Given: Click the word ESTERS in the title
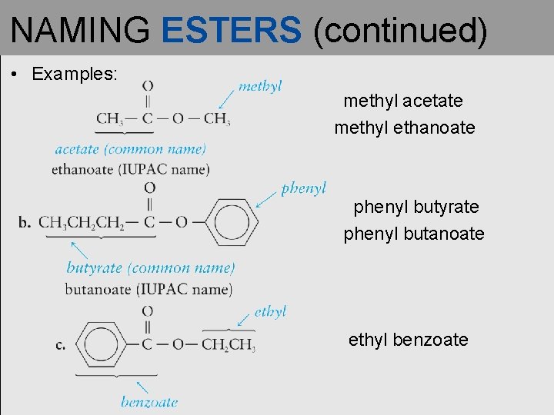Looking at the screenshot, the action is click(x=232, y=30).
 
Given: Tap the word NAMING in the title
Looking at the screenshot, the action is click(x=81, y=30).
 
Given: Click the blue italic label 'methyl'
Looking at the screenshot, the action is click(x=260, y=85).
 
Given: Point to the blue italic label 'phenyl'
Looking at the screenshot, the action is click(x=303, y=188).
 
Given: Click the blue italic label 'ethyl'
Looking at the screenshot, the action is click(x=270, y=311).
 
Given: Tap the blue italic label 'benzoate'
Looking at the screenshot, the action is click(x=149, y=401).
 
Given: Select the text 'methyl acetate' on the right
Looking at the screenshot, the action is click(x=403, y=101).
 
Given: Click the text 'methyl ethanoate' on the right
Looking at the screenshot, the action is click(x=405, y=128).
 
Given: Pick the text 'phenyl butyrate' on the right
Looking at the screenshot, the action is click(x=415, y=207).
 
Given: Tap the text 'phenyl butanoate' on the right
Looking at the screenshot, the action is click(x=414, y=234).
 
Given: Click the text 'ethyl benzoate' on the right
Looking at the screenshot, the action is click(x=408, y=340).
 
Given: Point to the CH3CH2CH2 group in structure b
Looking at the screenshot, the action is click(x=82, y=223).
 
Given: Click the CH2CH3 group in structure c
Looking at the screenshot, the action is click(x=228, y=344).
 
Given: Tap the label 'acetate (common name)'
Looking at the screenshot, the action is click(x=130, y=149).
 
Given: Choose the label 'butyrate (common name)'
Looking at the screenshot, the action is click(x=151, y=268).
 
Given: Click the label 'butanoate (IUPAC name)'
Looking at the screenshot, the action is click(x=149, y=289).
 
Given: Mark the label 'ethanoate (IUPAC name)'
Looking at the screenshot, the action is click(x=131, y=169).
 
